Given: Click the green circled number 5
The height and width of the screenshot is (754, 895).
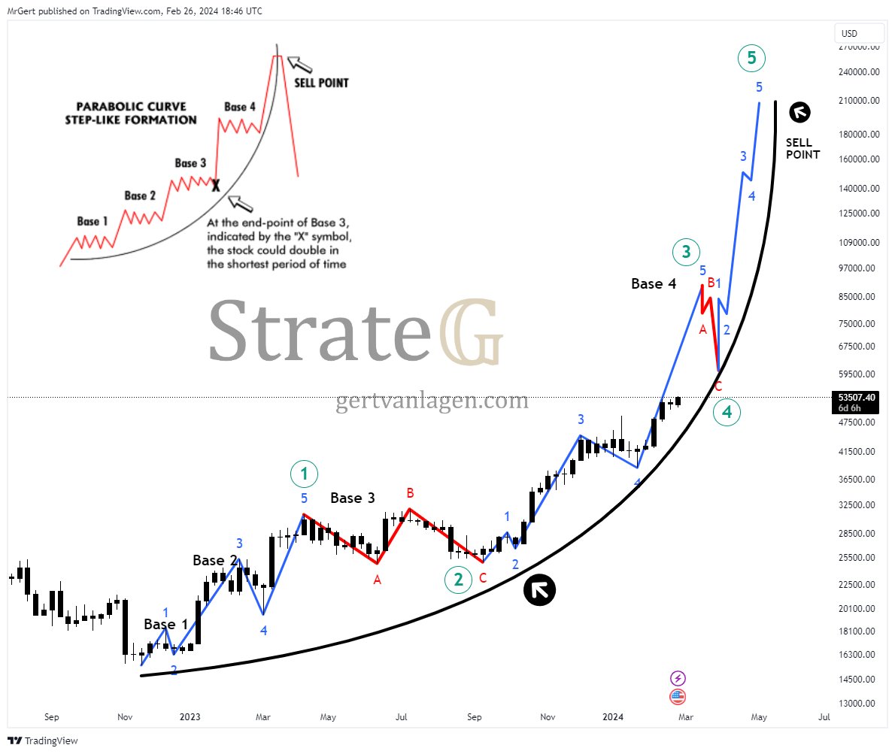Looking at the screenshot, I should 751,58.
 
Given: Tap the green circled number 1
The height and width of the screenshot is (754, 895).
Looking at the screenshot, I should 304,474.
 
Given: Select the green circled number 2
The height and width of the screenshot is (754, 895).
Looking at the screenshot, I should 457,580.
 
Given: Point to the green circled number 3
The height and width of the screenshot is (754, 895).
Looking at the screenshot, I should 686,253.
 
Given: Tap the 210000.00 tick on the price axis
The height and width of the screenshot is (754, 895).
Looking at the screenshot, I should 860,101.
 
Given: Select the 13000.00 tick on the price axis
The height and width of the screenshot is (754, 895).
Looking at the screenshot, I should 860,703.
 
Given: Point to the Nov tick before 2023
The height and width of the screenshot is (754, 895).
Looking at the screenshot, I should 125,717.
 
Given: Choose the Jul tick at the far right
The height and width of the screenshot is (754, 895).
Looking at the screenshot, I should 824,717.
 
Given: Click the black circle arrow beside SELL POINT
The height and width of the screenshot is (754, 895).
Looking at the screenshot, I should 799,112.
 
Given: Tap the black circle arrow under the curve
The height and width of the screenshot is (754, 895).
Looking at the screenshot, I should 539,590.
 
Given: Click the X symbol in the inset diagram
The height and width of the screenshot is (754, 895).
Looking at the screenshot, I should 216,185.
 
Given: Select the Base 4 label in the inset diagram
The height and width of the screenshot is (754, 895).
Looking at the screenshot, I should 240,107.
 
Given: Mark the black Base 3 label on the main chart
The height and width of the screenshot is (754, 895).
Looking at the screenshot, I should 353,498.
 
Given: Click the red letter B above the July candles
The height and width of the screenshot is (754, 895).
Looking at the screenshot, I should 411,493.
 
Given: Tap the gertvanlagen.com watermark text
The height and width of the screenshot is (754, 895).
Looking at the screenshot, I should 432,401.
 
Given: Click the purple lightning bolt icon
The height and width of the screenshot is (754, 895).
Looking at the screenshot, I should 678,679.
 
